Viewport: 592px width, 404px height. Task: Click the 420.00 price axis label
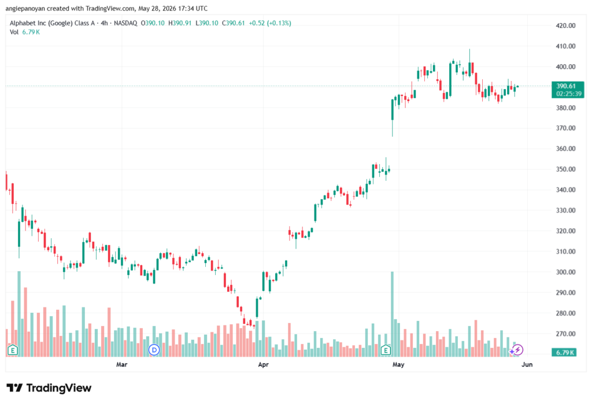point(565,25)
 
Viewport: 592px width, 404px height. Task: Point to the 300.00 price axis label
point(565,272)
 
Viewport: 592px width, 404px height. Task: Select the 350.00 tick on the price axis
point(565,169)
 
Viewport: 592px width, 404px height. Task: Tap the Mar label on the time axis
point(121,364)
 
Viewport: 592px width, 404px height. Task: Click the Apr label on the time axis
point(263,364)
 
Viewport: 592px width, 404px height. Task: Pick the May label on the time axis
point(398,364)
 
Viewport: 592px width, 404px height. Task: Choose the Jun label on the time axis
point(527,364)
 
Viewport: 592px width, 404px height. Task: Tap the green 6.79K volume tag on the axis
point(564,353)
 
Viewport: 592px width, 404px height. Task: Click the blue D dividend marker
point(154,350)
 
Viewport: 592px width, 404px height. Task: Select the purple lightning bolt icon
point(517,350)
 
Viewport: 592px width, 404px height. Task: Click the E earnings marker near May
point(386,350)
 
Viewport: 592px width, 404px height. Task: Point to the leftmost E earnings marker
point(13,350)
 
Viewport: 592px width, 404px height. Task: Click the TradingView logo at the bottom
point(49,388)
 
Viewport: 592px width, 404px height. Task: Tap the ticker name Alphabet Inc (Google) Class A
point(52,23)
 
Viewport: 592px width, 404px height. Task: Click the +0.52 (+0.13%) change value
point(270,23)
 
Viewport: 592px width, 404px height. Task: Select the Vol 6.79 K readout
point(24,32)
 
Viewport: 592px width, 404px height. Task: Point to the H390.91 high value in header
point(180,23)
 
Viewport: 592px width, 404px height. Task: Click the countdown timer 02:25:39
point(569,94)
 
